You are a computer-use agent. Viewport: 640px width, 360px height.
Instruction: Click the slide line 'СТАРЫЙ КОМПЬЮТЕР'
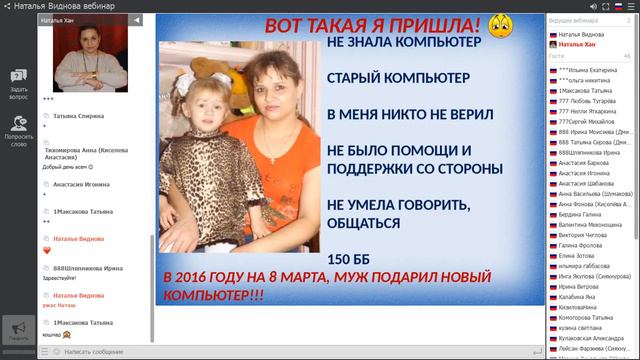tap(384, 78)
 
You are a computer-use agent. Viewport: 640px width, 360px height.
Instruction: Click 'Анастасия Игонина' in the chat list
tap(82, 184)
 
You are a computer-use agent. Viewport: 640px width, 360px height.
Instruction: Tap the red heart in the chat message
tap(46, 250)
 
